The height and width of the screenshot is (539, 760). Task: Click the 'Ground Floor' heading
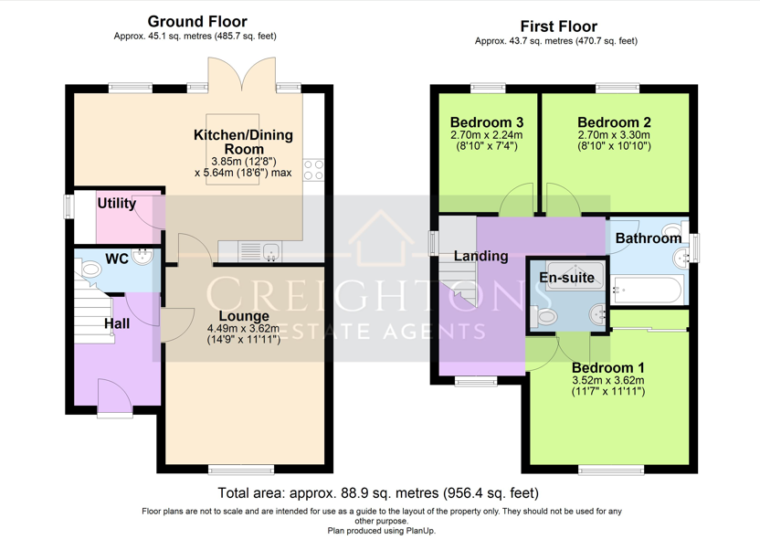[x=197, y=21]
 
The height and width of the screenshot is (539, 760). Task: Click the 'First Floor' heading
[x=558, y=26]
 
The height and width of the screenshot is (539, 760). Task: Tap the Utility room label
[x=116, y=204]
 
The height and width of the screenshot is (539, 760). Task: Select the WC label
[x=117, y=259]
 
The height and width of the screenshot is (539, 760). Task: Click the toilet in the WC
[x=89, y=268]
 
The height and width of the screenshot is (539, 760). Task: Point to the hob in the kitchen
[x=313, y=170]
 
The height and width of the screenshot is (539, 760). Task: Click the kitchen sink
[x=271, y=252]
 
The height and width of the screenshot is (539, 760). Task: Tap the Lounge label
[x=244, y=316]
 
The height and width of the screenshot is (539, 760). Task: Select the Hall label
[x=117, y=323]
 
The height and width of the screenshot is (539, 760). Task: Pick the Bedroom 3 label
[x=487, y=122]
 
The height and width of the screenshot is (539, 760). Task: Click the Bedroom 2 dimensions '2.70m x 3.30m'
[x=614, y=135]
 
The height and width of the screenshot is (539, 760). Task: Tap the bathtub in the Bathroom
[x=646, y=290]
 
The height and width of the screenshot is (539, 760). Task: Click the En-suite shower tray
[x=575, y=275]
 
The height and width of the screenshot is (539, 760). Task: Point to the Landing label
[x=480, y=256]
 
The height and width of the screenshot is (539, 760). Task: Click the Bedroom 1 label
[x=607, y=367]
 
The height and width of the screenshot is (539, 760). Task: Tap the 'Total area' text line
[x=378, y=493]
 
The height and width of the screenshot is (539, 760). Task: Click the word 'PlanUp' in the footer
[x=420, y=531]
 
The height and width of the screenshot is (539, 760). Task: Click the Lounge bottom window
[x=241, y=469]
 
